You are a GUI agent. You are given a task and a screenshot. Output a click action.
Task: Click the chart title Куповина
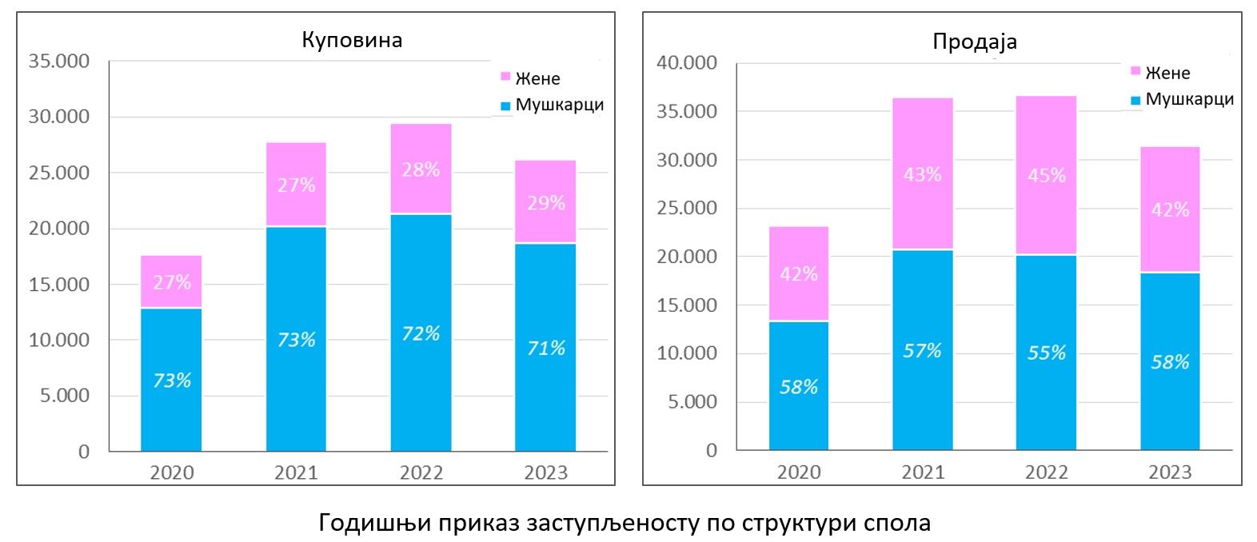click(x=352, y=40)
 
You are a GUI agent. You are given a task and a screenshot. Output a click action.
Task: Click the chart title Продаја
click(x=974, y=42)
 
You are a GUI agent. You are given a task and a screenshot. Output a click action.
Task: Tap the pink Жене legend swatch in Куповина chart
click(x=505, y=77)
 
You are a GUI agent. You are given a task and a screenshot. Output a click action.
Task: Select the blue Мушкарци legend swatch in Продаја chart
click(x=1135, y=101)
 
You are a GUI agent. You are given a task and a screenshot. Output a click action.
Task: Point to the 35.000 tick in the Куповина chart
click(x=59, y=62)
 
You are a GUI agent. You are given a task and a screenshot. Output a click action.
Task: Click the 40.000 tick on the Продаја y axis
click(x=687, y=63)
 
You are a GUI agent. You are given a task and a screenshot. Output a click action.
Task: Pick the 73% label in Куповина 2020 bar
click(x=172, y=381)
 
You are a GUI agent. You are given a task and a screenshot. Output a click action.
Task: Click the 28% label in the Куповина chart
click(x=421, y=169)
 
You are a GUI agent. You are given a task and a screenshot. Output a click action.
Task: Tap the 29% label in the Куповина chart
click(x=546, y=203)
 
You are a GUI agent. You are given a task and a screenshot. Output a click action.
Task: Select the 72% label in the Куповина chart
click(x=421, y=333)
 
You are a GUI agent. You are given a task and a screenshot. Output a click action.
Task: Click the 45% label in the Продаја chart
click(x=1047, y=176)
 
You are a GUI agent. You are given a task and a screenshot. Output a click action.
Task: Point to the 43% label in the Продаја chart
click(x=922, y=174)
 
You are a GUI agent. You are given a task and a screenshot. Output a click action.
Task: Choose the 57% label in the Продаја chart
click(x=922, y=351)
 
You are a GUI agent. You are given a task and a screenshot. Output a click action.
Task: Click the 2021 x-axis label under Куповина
click(x=296, y=472)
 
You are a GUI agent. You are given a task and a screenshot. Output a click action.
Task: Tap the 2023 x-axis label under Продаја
click(x=1170, y=472)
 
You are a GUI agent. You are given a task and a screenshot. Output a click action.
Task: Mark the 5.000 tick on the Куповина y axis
click(x=65, y=396)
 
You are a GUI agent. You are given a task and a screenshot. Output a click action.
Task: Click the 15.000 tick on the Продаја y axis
click(x=687, y=305)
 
